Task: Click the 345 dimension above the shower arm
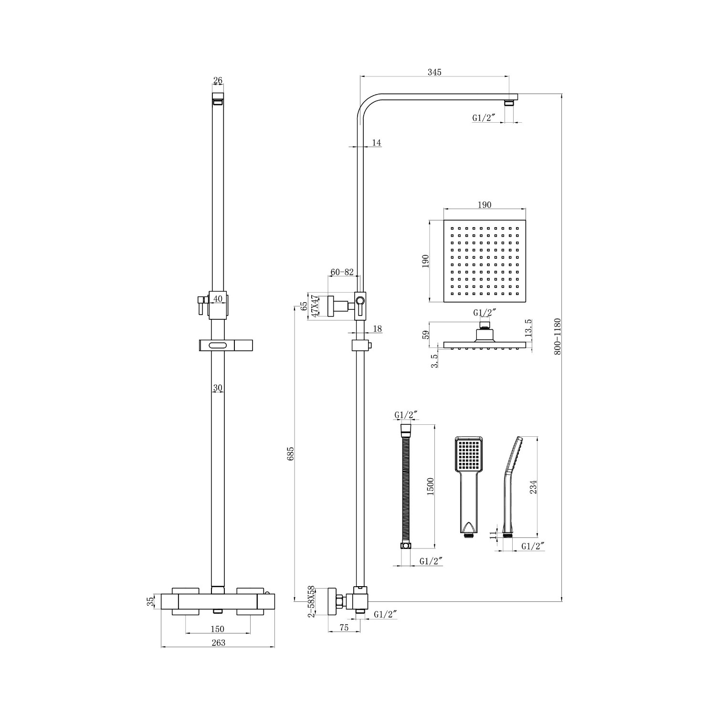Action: click(x=434, y=72)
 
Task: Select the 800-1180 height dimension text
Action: click(x=557, y=337)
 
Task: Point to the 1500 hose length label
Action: click(x=430, y=486)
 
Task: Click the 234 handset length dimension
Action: click(x=534, y=487)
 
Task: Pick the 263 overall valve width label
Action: click(x=218, y=643)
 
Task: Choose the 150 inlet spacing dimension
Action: click(x=217, y=629)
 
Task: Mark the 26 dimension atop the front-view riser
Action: click(x=218, y=80)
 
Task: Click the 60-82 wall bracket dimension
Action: click(x=342, y=272)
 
